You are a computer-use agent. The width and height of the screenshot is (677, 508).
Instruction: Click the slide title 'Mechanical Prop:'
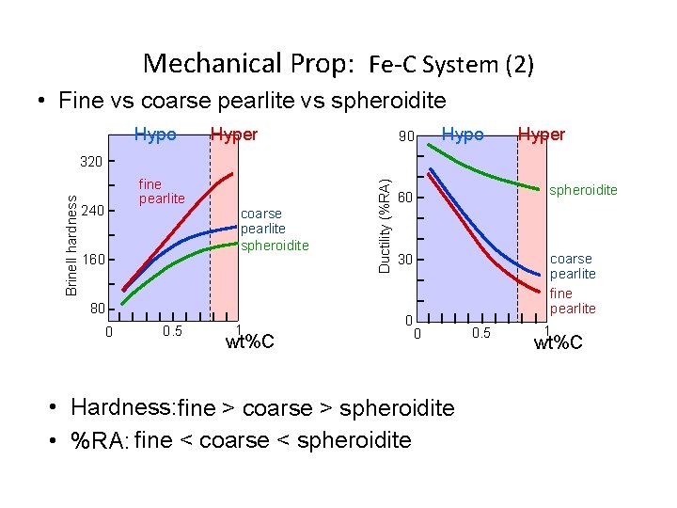[249, 64]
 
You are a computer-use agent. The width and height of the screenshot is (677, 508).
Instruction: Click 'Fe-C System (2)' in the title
[451, 65]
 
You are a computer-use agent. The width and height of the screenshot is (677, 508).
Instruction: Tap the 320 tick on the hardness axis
[91, 162]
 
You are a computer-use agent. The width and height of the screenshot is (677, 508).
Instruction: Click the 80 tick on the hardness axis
[95, 309]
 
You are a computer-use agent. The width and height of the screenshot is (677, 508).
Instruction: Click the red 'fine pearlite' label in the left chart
[162, 192]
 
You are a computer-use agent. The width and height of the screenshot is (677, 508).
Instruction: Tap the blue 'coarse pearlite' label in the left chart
[263, 221]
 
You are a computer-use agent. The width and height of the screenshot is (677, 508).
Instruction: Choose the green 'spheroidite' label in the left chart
[275, 246]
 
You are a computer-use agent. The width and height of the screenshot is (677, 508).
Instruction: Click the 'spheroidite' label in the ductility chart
[583, 190]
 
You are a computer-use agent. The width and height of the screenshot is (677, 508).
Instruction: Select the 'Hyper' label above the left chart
[234, 135]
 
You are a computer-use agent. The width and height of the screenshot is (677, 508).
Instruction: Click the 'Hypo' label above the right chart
[463, 135]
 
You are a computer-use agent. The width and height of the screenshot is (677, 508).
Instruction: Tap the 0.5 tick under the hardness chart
[172, 331]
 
